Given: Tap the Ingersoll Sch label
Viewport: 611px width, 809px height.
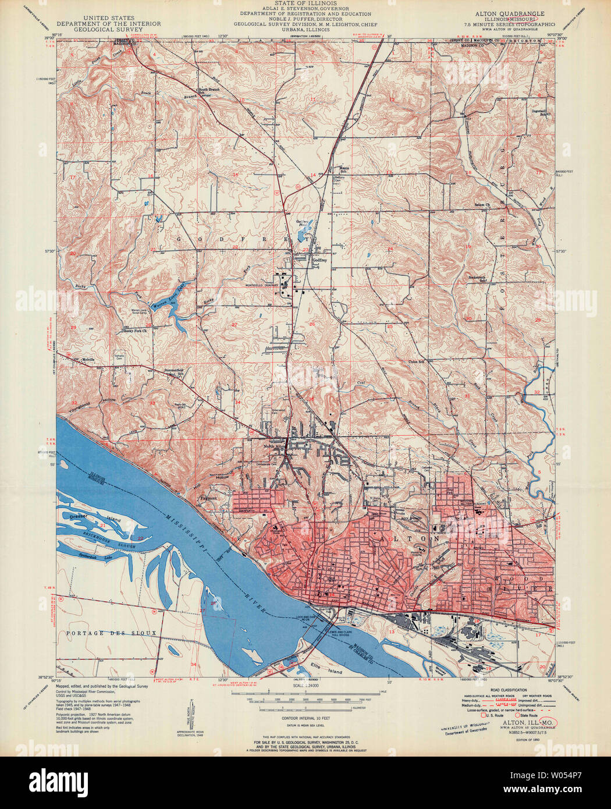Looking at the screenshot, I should pyautogui.click(x=542, y=111).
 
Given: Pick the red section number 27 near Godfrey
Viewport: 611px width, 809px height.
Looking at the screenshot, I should pyautogui.click(x=235, y=324).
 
